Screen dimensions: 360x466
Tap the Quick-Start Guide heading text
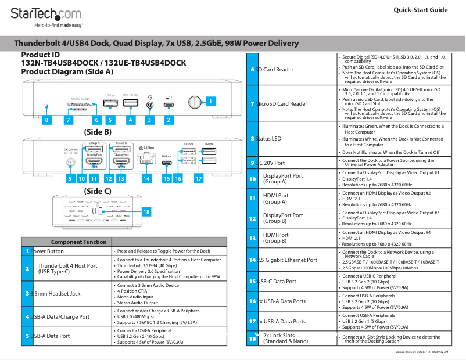click(x=420, y=10)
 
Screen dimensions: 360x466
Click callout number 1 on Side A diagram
click(x=211, y=101)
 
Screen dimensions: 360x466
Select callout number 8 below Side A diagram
click(x=47, y=120)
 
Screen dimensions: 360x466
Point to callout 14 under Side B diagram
click(x=146, y=179)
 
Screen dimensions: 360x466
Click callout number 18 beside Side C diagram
click(x=146, y=212)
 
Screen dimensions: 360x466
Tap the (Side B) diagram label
click(x=98, y=132)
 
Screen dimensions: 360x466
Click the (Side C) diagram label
click(x=98, y=190)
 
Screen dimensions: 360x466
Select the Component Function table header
click(x=78, y=242)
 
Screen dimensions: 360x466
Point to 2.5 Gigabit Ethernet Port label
click(x=288, y=260)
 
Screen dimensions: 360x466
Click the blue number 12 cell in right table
click(x=252, y=218)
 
